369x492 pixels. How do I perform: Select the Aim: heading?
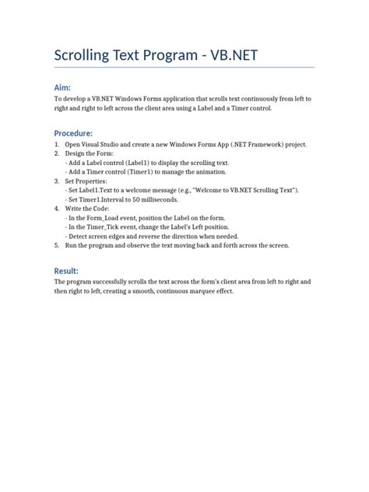[64, 89]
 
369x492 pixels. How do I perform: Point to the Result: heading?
[68, 269]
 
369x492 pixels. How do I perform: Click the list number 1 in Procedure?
[57, 145]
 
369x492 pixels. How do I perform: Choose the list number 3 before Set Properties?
[57, 181]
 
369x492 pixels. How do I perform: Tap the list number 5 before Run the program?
[57, 244]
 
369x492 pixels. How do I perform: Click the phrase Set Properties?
[86, 181]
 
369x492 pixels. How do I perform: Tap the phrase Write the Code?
[87, 209]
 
